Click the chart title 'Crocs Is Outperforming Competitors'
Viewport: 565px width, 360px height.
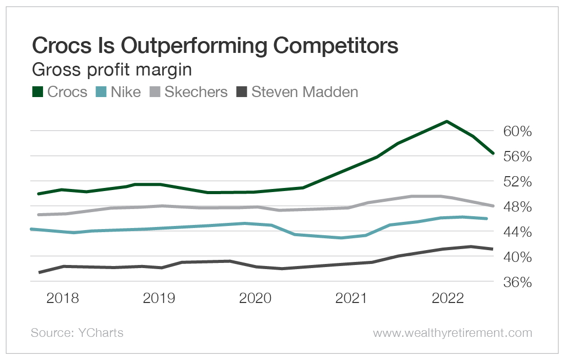(215, 46)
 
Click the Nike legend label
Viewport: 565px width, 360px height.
(126, 92)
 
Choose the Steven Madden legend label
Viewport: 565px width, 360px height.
(304, 92)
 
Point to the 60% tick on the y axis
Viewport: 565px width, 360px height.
(514, 131)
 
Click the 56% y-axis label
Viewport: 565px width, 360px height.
(514, 157)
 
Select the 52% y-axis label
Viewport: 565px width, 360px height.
(514, 182)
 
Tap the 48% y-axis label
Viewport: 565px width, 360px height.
(514, 207)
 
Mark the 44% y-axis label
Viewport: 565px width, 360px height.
(514, 232)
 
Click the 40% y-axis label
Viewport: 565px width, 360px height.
(514, 257)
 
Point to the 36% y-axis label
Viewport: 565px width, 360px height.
(514, 282)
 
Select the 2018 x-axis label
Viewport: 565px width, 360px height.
(63, 298)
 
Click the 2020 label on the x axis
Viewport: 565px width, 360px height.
(255, 298)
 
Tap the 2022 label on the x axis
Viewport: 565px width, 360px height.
(447, 298)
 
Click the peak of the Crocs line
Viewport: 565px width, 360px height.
(447, 122)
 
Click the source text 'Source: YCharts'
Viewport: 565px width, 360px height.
(77, 333)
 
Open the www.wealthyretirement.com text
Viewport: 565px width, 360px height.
(452, 333)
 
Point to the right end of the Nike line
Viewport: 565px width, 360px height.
(486, 219)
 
